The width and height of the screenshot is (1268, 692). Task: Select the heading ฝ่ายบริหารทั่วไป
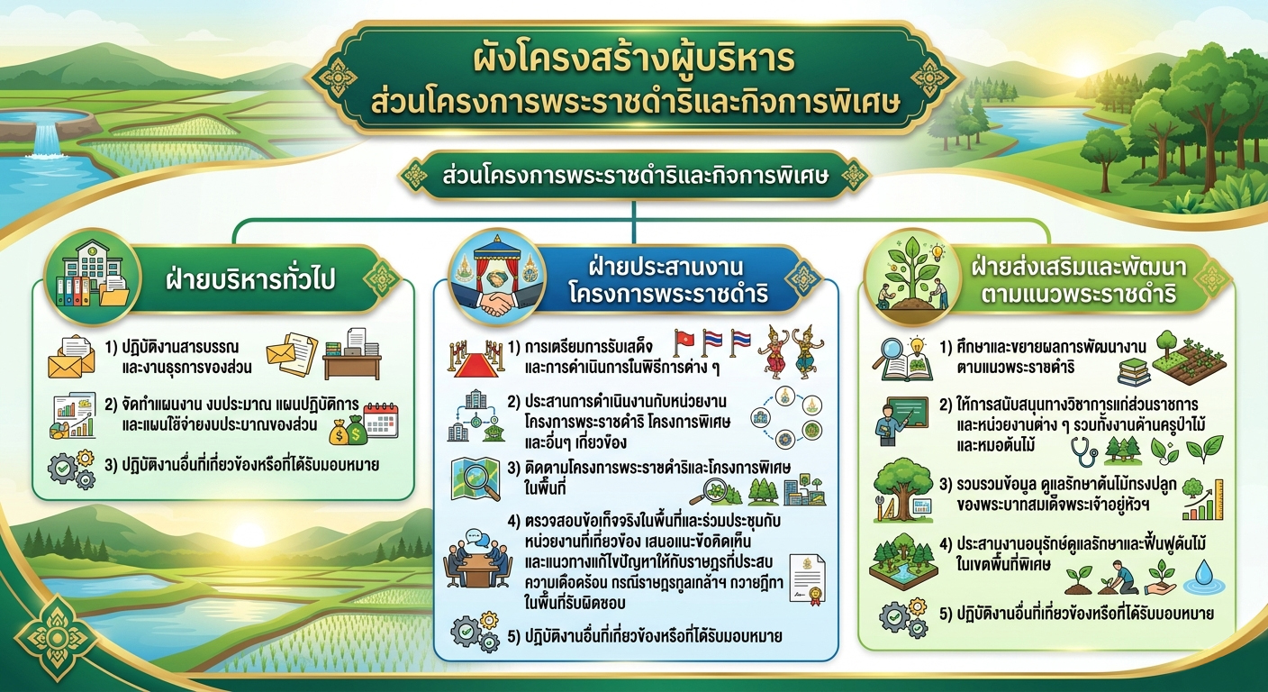pyautogui.click(x=250, y=279)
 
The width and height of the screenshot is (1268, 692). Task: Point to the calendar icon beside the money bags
pyautogui.click(x=382, y=420)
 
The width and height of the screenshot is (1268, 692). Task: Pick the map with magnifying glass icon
pyautogui.click(x=475, y=479)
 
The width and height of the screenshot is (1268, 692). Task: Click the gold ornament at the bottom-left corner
pyautogui.click(x=56, y=637)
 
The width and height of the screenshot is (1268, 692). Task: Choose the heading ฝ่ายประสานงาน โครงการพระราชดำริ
pyautogui.click(x=668, y=280)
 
